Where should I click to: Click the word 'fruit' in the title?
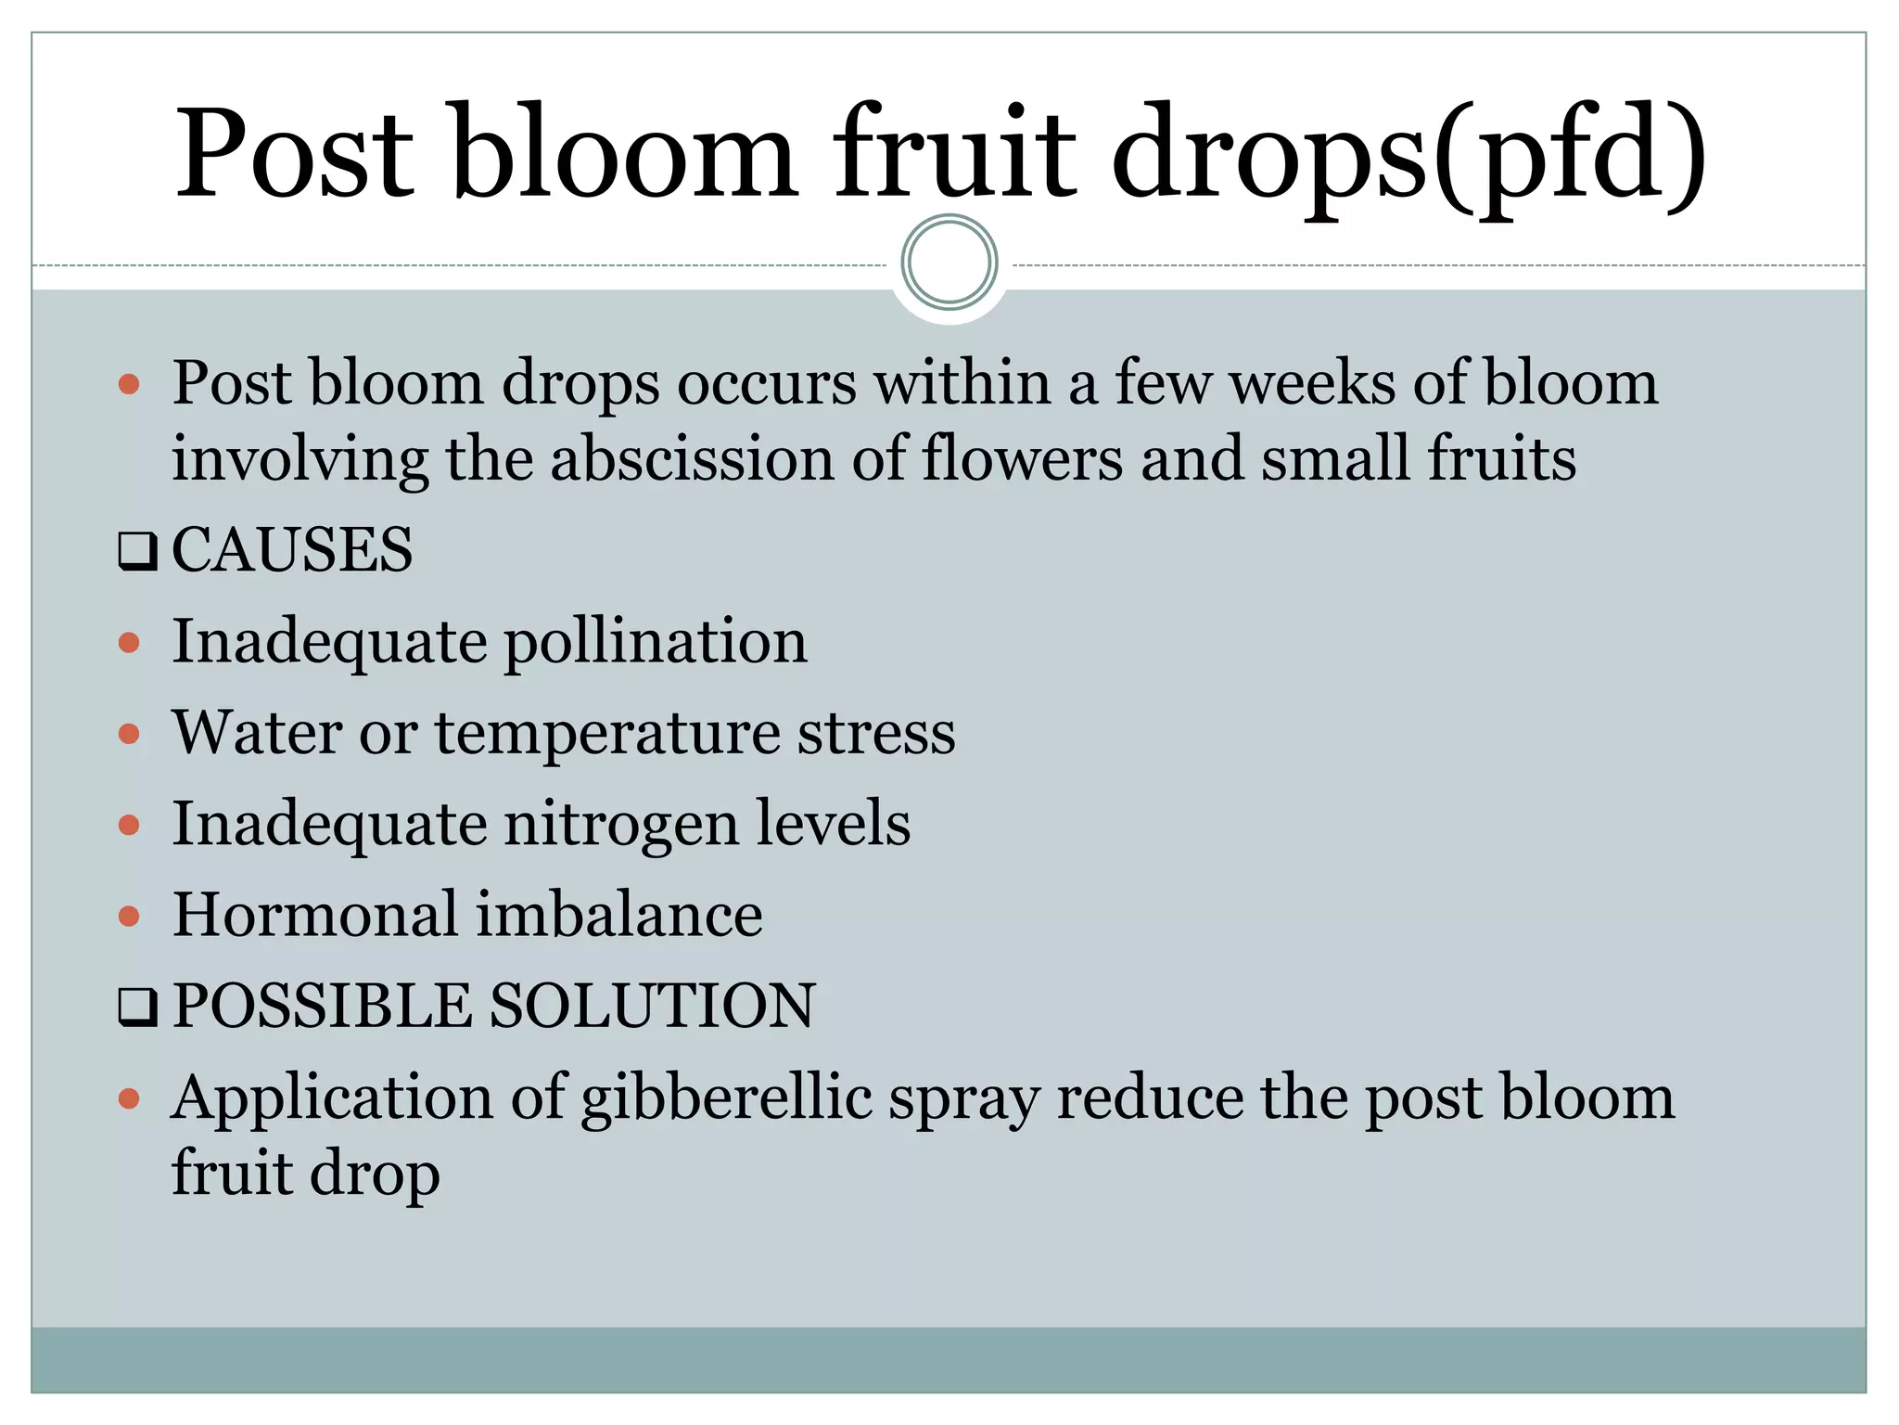955,153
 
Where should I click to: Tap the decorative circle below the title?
949,263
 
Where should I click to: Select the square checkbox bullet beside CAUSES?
137,551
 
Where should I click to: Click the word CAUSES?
292,549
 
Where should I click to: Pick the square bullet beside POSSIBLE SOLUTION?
137,1008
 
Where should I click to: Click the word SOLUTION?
652,1006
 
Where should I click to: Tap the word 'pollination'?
656,642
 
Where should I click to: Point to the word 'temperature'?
607,733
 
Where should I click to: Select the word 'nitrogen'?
621,824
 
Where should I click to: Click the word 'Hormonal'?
315,915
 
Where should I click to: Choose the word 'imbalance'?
619,915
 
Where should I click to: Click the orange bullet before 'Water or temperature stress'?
129,734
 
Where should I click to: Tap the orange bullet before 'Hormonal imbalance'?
129,917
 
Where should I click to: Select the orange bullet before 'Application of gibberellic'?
129,1099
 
